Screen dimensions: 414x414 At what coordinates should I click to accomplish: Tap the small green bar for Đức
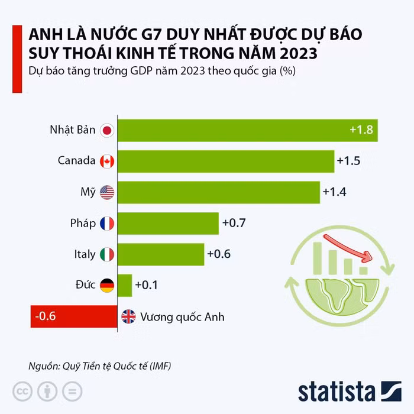pos(125,285)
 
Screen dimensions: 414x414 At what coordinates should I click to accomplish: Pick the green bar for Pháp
pos(168,223)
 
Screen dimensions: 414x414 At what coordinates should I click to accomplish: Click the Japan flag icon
pos(107,130)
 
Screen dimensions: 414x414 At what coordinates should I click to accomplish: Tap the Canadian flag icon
pos(107,161)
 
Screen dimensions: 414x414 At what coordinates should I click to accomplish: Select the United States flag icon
pos(107,192)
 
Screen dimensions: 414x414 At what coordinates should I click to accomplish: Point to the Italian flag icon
pos(107,254)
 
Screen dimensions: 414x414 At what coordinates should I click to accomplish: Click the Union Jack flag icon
pos(128,316)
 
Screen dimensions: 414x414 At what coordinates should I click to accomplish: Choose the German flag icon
pos(107,285)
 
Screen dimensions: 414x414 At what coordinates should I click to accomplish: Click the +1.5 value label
pos(348,161)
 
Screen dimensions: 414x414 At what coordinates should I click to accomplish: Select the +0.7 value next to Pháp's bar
pos(234,223)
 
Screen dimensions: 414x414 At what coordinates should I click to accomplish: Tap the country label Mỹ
pos(88,192)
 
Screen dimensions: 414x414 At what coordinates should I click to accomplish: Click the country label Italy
pos(85,254)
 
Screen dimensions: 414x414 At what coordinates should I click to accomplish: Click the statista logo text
pos(337,392)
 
